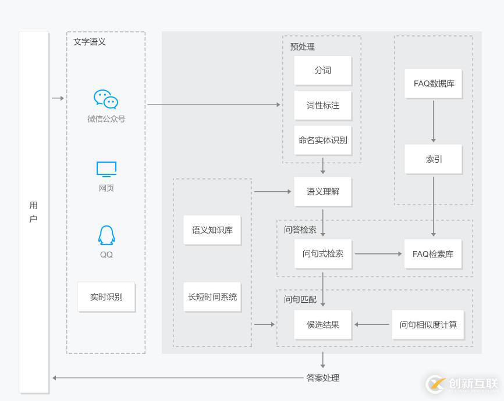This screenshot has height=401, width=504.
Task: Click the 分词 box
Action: click(323, 70)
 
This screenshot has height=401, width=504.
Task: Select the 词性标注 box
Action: click(323, 105)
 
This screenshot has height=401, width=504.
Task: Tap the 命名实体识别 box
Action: click(323, 140)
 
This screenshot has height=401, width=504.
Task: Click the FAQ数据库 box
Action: click(434, 84)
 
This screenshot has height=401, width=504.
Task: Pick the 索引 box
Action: click(434, 159)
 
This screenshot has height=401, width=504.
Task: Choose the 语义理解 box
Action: click(323, 191)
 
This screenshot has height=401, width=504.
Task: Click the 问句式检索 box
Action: click(323, 254)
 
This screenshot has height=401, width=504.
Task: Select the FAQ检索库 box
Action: click(433, 254)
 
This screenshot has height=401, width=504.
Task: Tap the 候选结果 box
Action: click(323, 324)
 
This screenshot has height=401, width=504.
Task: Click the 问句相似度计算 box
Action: click(428, 324)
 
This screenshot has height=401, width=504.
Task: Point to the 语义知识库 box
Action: click(212, 230)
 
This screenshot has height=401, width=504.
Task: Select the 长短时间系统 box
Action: click(212, 297)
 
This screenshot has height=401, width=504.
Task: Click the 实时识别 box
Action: click(106, 297)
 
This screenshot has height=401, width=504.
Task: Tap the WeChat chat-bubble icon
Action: click(106, 99)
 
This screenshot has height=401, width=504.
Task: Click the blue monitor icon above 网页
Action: click(107, 169)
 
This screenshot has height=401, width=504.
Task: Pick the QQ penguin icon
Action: click(107, 235)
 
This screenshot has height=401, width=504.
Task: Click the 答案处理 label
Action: click(323, 378)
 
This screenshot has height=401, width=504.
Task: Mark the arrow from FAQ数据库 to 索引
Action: click(434, 121)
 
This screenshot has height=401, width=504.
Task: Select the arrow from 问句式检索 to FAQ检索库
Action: click(378, 254)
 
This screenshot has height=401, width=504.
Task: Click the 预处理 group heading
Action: click(303, 46)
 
